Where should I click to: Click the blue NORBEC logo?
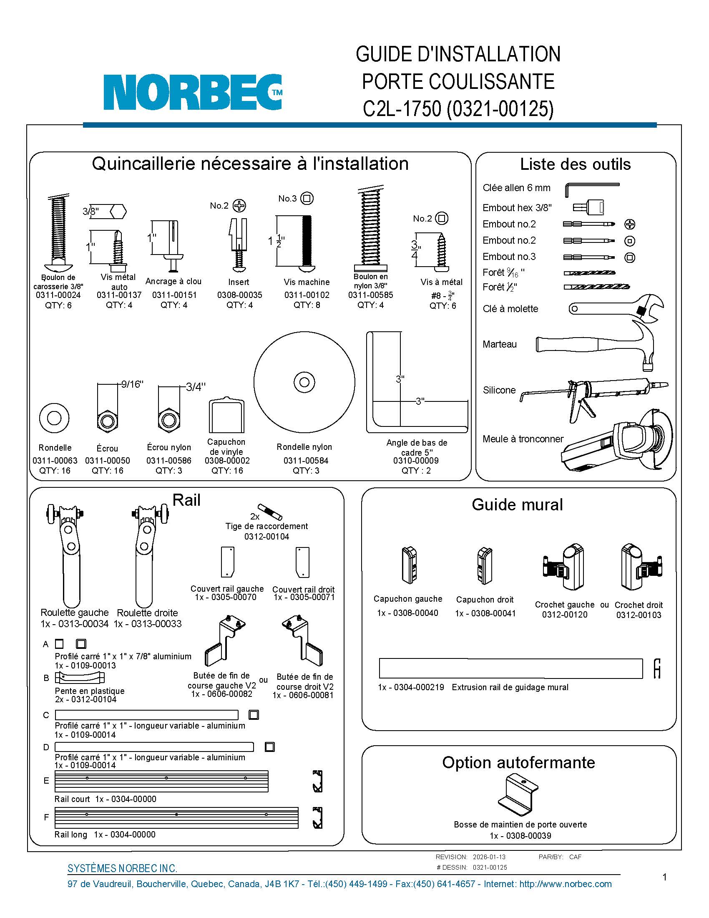click(x=192, y=93)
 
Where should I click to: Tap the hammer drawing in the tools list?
click(x=596, y=344)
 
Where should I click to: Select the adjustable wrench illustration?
click(x=616, y=308)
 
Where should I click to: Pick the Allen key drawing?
click(x=590, y=188)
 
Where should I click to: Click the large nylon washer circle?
click(x=304, y=382)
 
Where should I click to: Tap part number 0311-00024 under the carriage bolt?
click(x=58, y=295)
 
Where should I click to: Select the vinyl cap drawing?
click(x=226, y=415)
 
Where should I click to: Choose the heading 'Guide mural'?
click(x=517, y=504)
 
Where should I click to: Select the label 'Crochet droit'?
click(x=639, y=605)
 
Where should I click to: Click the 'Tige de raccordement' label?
click(x=267, y=526)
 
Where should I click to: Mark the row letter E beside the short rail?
click(x=46, y=781)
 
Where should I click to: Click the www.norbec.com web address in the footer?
click(x=566, y=884)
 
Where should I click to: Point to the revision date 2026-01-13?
click(x=489, y=857)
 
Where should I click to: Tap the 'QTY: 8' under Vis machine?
click(x=307, y=305)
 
